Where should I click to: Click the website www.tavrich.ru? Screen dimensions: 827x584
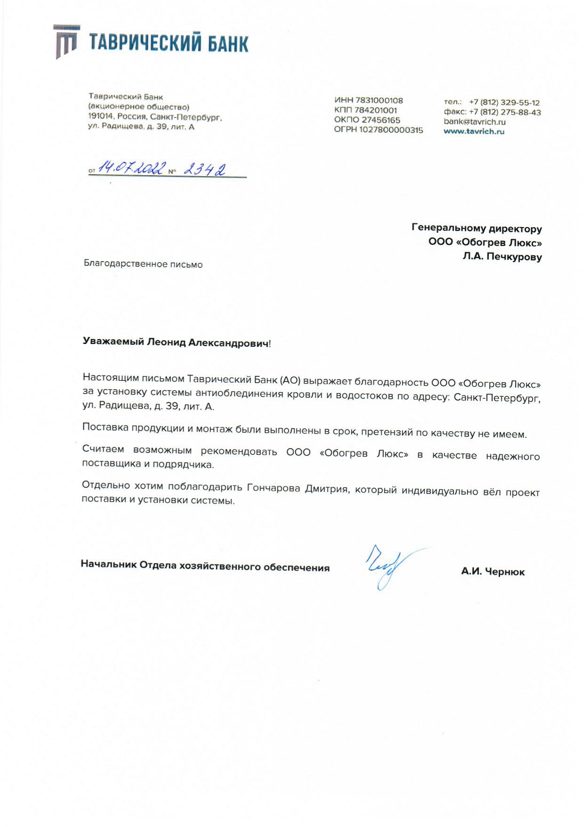pyautogui.click(x=474, y=131)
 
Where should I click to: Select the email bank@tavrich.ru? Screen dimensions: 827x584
pyautogui.click(x=474, y=122)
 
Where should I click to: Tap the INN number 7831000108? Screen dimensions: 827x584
pyautogui.click(x=379, y=100)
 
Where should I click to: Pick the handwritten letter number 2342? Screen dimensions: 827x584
pyautogui.click(x=204, y=169)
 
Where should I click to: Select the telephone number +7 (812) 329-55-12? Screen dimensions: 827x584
pyautogui.click(x=504, y=102)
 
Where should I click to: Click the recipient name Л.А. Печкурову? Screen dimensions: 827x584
pyautogui.click(x=502, y=257)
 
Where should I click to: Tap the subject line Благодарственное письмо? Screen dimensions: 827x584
pyautogui.click(x=143, y=264)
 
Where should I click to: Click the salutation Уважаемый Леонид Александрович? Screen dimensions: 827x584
pyautogui.click(x=177, y=343)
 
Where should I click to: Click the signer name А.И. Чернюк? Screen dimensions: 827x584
pyautogui.click(x=493, y=572)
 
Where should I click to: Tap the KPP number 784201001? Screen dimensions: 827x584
pyautogui.click(x=375, y=110)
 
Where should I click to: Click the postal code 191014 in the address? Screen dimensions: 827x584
pyautogui.click(x=101, y=116)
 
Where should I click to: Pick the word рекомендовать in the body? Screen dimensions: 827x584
pyautogui.click(x=239, y=452)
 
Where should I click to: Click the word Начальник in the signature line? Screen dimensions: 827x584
pyautogui.click(x=108, y=564)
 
